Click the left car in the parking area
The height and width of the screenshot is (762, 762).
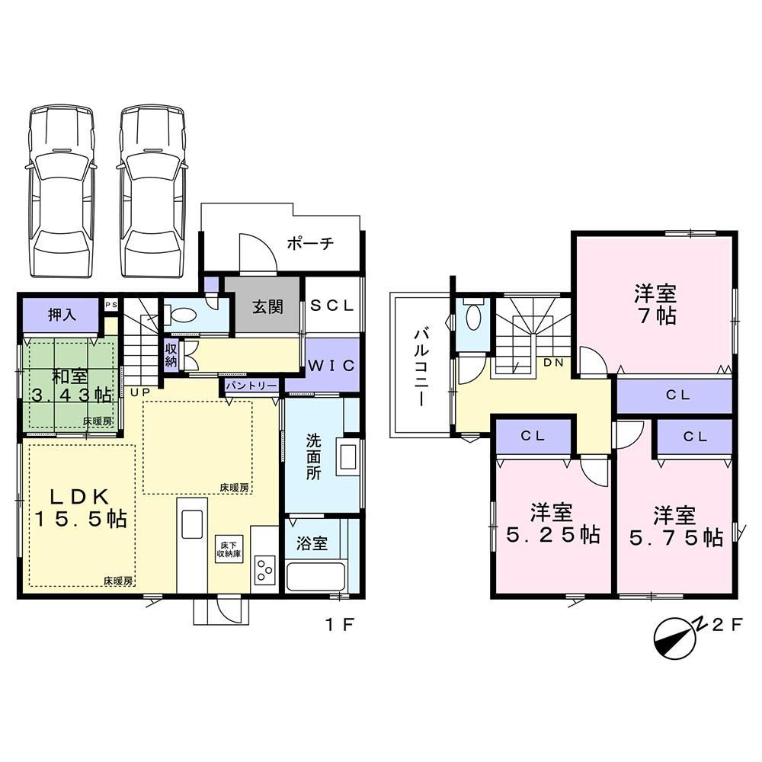pyautogui.click(x=61, y=191)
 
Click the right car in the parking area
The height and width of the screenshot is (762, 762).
pyautogui.click(x=152, y=191)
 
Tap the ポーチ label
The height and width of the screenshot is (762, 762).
pyautogui.click(x=311, y=242)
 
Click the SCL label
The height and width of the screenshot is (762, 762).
pyautogui.click(x=332, y=306)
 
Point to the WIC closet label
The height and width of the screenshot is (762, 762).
pyautogui.click(x=331, y=366)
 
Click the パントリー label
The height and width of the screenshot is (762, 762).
pyautogui.click(x=251, y=386)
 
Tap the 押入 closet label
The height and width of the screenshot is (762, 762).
pyautogui.click(x=62, y=315)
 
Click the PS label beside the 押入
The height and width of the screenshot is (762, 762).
pyautogui.click(x=110, y=305)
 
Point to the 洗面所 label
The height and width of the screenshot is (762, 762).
pyautogui.click(x=313, y=456)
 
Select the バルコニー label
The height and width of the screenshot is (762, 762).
pyautogui.click(x=421, y=367)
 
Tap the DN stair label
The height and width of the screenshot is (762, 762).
pyautogui.click(x=553, y=362)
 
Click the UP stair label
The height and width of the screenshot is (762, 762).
pyautogui.click(x=140, y=392)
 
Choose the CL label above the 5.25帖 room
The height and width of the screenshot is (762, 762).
pyautogui.click(x=533, y=436)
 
